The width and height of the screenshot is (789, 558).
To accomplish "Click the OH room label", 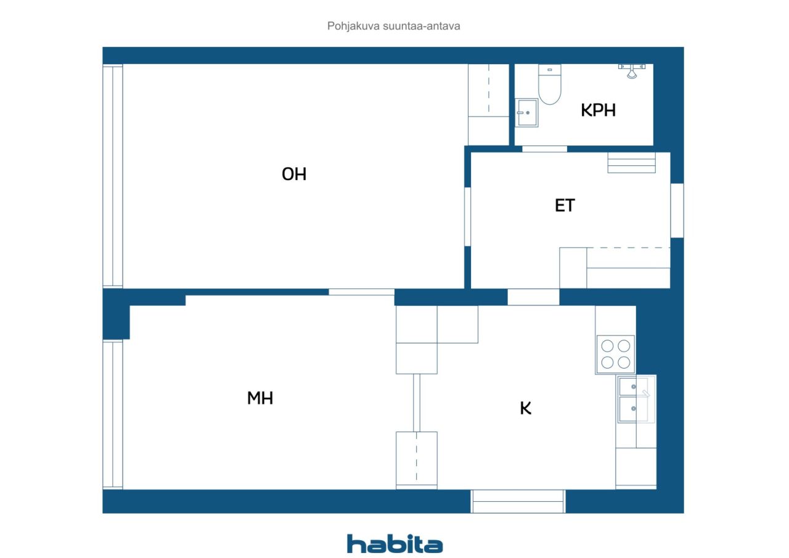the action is (x=294, y=174).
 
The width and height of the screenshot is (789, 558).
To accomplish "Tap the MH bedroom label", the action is (x=260, y=398).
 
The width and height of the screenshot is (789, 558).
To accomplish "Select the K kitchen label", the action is (x=526, y=408).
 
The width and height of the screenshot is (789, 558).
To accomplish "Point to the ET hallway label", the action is (x=565, y=205).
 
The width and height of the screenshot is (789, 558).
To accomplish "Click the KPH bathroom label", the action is (x=598, y=110).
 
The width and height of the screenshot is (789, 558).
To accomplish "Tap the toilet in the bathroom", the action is (x=549, y=84).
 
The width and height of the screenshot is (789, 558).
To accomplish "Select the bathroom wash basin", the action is (x=526, y=113).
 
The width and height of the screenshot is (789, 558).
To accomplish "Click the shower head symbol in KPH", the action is (x=632, y=71).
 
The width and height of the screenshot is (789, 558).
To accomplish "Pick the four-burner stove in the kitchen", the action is (x=615, y=355).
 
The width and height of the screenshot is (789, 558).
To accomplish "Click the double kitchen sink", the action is (x=636, y=399).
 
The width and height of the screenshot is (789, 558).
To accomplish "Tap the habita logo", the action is (x=394, y=544).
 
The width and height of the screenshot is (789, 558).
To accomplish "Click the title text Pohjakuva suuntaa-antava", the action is (x=393, y=26).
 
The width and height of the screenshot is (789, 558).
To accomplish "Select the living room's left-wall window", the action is (x=113, y=176).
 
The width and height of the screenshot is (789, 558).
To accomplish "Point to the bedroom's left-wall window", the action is (x=113, y=414).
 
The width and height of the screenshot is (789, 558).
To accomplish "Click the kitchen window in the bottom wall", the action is (x=518, y=501).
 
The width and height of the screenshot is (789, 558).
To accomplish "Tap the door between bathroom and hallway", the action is (x=544, y=149).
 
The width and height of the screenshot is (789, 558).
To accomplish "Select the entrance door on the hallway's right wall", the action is (x=677, y=211).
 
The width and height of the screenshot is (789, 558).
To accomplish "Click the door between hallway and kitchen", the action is (x=533, y=297).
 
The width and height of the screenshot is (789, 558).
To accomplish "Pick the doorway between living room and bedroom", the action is (x=361, y=292).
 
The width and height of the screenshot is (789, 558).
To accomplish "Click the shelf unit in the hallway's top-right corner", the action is (x=632, y=162).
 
